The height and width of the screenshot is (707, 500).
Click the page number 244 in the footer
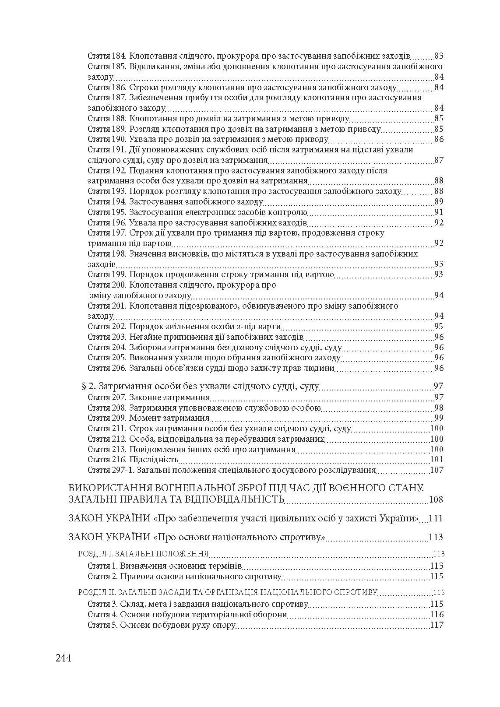tap(63, 658)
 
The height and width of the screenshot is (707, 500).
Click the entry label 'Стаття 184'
tap(107, 56)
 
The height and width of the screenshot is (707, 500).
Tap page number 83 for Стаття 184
tap(439, 56)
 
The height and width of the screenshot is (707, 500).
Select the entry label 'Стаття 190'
tap(107, 139)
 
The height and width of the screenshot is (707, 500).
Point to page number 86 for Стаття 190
tap(439, 139)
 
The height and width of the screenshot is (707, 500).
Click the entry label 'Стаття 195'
tap(107, 212)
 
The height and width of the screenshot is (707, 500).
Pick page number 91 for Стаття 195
tap(439, 212)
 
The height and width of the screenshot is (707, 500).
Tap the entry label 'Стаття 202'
tap(107, 327)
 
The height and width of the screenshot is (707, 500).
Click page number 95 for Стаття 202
tap(439, 327)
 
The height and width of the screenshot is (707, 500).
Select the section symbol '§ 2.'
tap(89, 386)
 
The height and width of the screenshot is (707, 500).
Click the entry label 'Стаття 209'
tap(107, 418)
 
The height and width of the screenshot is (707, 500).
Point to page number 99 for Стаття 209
tap(439, 418)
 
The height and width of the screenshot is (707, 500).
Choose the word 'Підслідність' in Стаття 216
tap(153, 460)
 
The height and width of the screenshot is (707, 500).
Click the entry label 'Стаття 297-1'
tap(111, 470)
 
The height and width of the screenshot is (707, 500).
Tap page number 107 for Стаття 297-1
tap(437, 470)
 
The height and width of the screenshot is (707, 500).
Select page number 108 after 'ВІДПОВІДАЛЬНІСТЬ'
tap(437, 499)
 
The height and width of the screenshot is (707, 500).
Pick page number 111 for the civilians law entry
tap(436, 518)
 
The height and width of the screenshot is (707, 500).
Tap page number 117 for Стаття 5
tap(437, 625)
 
